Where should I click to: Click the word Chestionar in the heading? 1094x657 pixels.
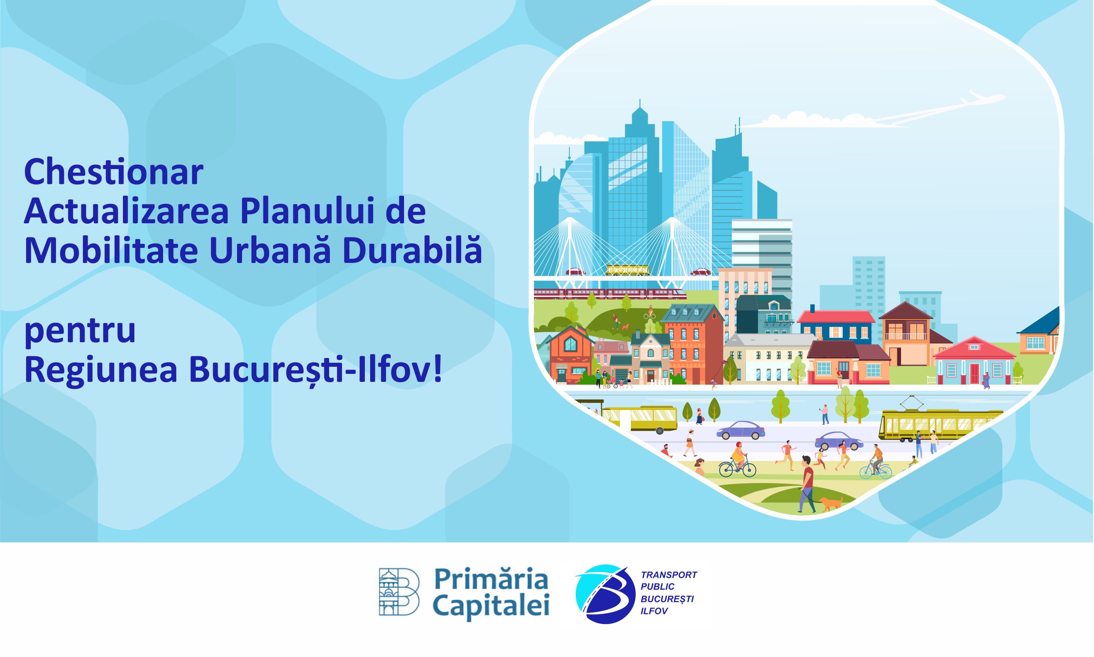pyautogui.click(x=113, y=172)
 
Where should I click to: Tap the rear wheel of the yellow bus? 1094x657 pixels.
pyautogui.click(x=660, y=430)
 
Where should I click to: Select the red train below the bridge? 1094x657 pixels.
pyautogui.click(x=610, y=293)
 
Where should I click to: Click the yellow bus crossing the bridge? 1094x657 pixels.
pyautogui.click(x=627, y=269)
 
